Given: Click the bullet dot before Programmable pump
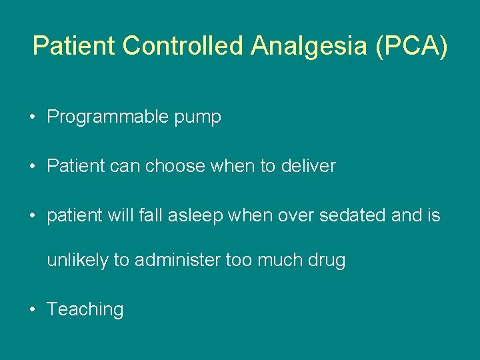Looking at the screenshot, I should tap(32, 118).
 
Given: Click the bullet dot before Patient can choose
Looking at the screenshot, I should tap(32, 167).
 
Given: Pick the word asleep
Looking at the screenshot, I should tap(189, 216).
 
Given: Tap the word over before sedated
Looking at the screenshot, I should tap(288, 215).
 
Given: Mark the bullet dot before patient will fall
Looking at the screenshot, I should tap(32, 216).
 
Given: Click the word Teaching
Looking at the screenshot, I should tap(85, 310).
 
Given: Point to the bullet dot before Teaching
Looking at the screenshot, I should tap(32, 309).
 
